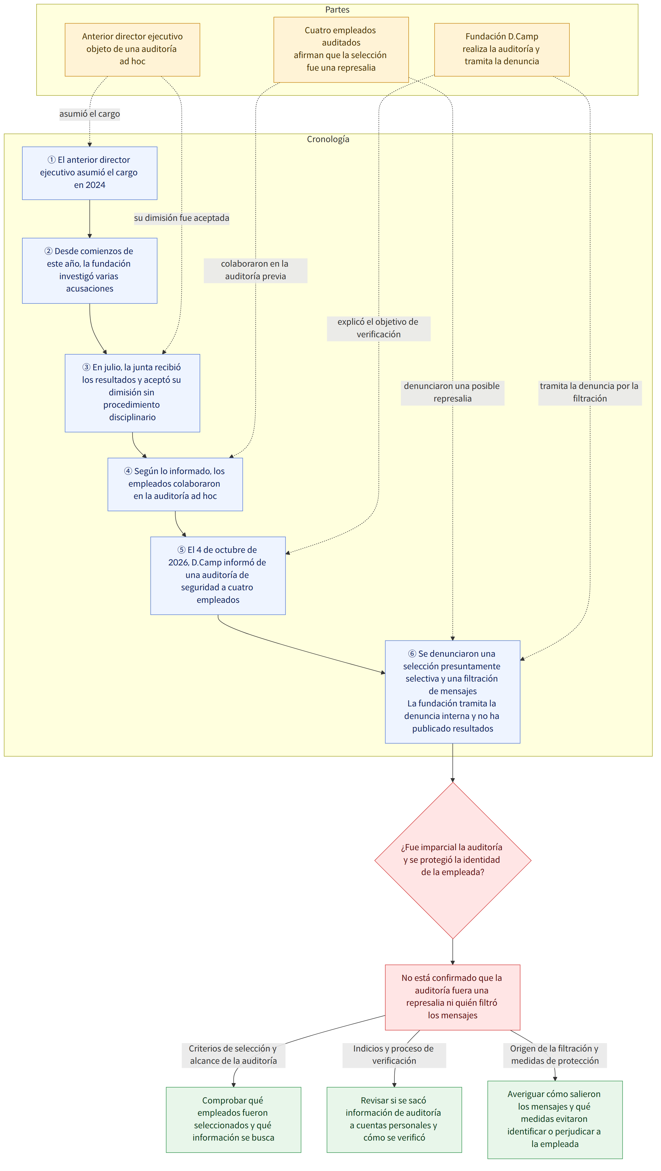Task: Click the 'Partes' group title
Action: pos(337,9)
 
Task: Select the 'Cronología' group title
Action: pos(328,139)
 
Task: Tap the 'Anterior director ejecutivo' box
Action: pos(132,49)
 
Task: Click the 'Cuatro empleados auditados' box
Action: pos(341,49)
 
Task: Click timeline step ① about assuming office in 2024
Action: pos(90,173)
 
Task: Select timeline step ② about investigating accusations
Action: pos(90,271)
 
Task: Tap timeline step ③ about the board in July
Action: pos(132,393)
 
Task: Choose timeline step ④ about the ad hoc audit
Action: pos(175,484)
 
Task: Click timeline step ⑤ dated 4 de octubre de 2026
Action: pos(218,575)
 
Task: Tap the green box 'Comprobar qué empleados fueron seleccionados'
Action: pos(233,1119)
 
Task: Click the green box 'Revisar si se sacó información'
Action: pos(394,1119)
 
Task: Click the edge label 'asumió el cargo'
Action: pos(90,114)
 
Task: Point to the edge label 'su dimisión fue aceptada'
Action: pos(181,218)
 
